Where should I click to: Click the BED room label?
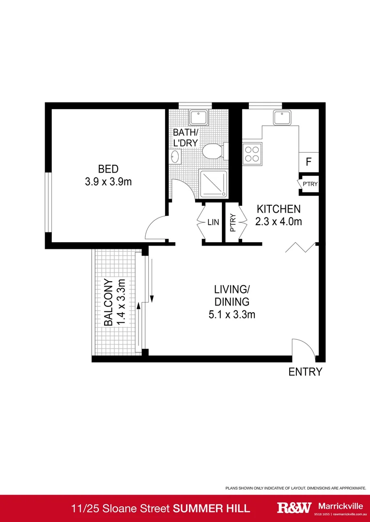pyautogui.click(x=108, y=169)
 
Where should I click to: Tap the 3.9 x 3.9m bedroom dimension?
pyautogui.click(x=108, y=182)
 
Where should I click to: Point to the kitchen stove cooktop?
pyautogui.click(x=252, y=154)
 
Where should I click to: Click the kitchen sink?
pyautogui.click(x=281, y=117)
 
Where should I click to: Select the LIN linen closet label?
pyautogui.click(x=213, y=222)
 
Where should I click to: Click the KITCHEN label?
pyautogui.click(x=278, y=209)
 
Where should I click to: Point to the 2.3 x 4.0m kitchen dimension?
pyautogui.click(x=278, y=222)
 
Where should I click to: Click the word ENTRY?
pyautogui.click(x=305, y=372)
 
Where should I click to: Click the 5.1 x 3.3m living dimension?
pyautogui.click(x=232, y=315)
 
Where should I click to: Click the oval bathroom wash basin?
pyautogui.click(x=175, y=157)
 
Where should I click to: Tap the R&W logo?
pyautogui.click(x=294, y=508)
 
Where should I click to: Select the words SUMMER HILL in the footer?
pyautogui.click(x=212, y=508)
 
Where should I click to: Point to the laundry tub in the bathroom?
pyautogui.click(x=198, y=117)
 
